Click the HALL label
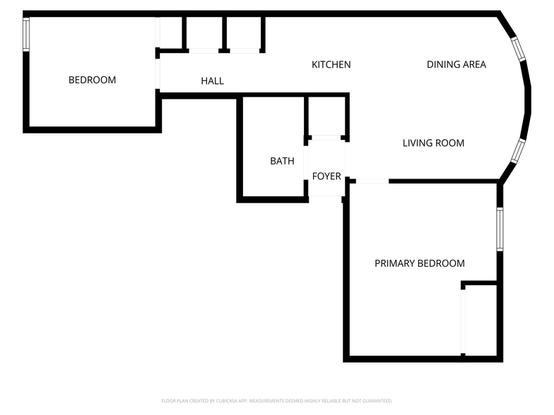click(x=212, y=81)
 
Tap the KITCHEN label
click(x=331, y=65)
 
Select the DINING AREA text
click(x=456, y=65)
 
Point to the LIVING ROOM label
click(x=433, y=143)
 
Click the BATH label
click(x=282, y=162)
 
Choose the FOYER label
click(x=326, y=176)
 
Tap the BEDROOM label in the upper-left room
click(x=92, y=80)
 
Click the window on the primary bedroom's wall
click(x=500, y=229)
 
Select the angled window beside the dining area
click(x=519, y=49)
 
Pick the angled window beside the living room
click(x=518, y=150)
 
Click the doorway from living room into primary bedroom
click(x=372, y=181)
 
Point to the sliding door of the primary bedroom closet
click(x=463, y=321)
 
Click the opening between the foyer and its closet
click(x=326, y=138)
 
